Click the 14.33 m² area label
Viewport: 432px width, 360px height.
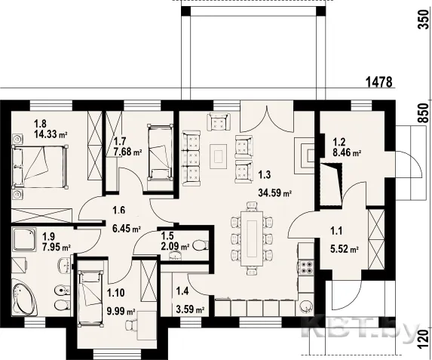pos(51,134)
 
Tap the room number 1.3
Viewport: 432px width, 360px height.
pos(264,174)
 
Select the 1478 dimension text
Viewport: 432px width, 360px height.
pos(378,82)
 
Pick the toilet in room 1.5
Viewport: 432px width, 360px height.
pos(201,245)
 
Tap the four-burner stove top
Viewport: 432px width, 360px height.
pos(307,266)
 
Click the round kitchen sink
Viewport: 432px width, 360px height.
pos(307,306)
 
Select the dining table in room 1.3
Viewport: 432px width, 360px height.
pos(252,238)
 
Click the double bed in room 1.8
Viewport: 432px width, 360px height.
pos(39,167)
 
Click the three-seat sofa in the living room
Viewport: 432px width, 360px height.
pos(191,156)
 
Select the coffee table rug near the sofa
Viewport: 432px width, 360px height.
pos(219,156)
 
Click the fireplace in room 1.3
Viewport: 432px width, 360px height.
pos(305,156)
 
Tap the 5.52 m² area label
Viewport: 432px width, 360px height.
pos(344,249)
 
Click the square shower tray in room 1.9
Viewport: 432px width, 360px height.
pos(24,239)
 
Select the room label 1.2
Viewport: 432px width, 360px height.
pos(339,143)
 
